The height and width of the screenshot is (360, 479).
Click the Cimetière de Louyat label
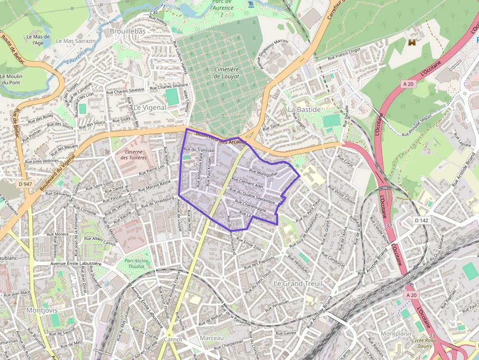(x=227, y=73)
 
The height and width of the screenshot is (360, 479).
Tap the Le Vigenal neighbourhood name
(x=150, y=107)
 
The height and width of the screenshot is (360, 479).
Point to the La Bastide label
(x=304, y=109)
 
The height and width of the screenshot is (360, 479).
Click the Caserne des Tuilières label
(x=134, y=154)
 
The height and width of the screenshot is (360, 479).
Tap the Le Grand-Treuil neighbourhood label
(x=298, y=283)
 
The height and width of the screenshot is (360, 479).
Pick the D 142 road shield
(x=421, y=220)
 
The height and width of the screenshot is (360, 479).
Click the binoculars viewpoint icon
(x=413, y=42)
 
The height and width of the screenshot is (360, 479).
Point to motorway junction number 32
(x=389, y=226)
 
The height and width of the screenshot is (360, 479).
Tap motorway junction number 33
(x=432, y=336)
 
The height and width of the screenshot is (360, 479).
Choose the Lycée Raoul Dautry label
(x=424, y=343)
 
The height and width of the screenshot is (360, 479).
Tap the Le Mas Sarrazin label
(x=76, y=41)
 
